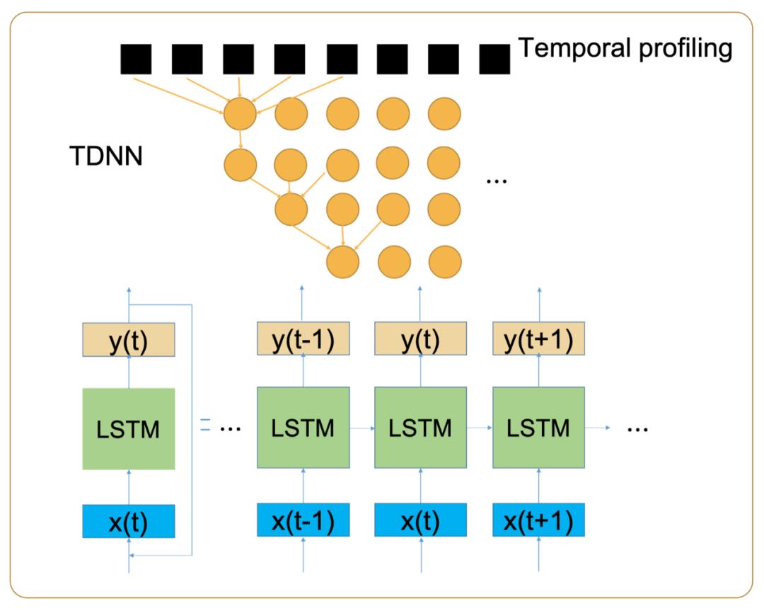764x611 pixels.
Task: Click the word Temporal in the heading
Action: (x=571, y=50)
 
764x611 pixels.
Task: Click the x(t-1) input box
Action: (x=302, y=520)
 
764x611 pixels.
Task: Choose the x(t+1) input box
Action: (x=539, y=520)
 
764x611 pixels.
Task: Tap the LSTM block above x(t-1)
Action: (x=302, y=428)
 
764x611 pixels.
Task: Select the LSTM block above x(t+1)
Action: (x=539, y=428)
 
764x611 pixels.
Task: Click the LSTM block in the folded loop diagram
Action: (x=128, y=428)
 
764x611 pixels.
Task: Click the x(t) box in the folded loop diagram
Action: (x=128, y=522)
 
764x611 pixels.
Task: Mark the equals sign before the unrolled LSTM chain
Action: (x=205, y=425)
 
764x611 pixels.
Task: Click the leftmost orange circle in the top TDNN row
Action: (x=241, y=113)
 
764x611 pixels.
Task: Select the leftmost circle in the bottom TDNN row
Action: (x=342, y=261)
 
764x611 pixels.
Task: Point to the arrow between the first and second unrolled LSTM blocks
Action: (x=361, y=428)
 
